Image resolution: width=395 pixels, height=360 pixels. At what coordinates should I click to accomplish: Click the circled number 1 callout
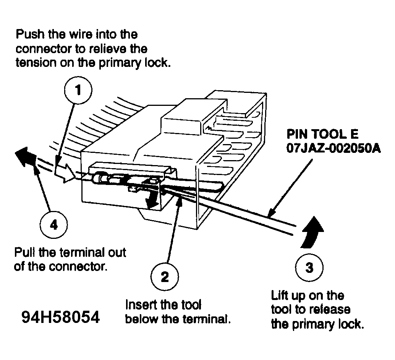(x=78, y=91)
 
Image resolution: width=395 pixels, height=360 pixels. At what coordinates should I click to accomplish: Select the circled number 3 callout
(x=309, y=267)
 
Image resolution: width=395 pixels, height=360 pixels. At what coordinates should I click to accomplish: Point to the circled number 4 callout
(x=54, y=224)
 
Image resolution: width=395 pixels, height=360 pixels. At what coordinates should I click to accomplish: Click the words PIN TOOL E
(x=322, y=135)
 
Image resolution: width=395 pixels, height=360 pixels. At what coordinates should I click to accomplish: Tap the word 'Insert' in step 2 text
(x=140, y=305)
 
